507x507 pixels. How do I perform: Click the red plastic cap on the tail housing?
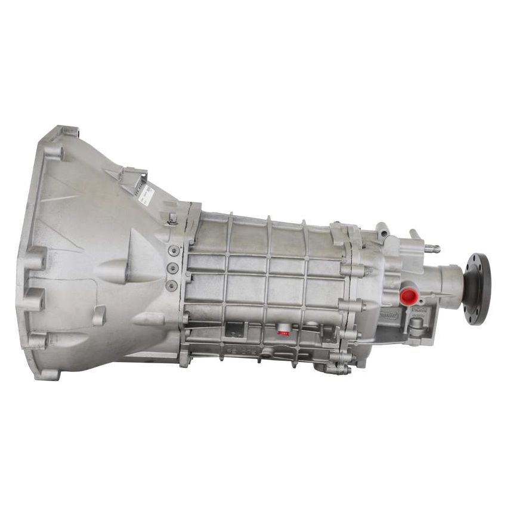tap(408, 296)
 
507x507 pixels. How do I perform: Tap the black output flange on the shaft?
tap(477, 289)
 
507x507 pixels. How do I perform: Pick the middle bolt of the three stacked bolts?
tap(172, 268)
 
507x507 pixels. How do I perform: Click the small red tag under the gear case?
tap(283, 333)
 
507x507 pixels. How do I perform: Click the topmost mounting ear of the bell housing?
tap(67, 132)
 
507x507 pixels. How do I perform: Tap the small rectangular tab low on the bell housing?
tap(99, 314)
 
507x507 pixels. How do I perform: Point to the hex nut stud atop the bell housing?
tap(172, 218)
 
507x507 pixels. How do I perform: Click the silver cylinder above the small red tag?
tap(284, 325)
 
